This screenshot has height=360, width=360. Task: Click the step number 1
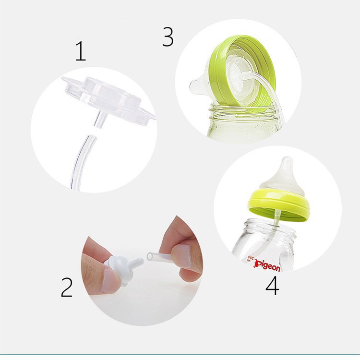81,51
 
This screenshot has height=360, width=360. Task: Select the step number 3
168,36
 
